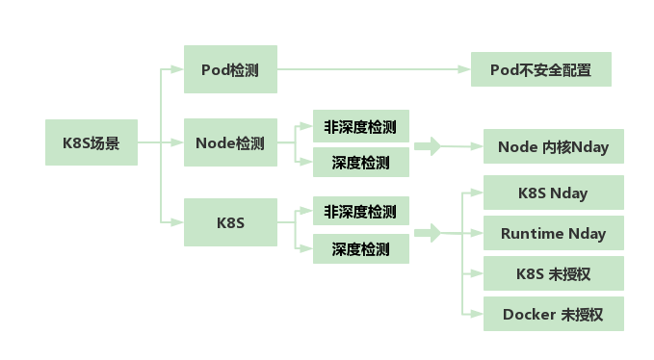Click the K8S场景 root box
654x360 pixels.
click(92, 143)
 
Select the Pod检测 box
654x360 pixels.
click(230, 69)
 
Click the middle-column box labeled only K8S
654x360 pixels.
click(230, 222)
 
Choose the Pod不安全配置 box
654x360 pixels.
click(540, 69)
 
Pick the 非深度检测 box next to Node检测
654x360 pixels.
click(360, 126)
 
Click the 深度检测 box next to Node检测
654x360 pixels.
click(360, 163)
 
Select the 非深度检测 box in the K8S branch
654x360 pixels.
click(360, 212)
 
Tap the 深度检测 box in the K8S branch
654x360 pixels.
click(360, 248)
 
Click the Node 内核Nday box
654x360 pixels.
click(553, 146)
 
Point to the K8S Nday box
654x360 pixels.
click(553, 193)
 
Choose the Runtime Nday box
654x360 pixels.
click(553, 233)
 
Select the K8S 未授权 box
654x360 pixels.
click(553, 273)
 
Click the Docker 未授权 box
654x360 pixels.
click(553, 314)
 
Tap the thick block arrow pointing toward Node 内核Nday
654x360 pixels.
click(429, 146)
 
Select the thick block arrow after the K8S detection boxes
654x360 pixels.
click(429, 233)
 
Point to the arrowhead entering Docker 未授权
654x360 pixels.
click(476, 314)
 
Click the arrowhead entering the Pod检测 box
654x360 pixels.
click(176, 69)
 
